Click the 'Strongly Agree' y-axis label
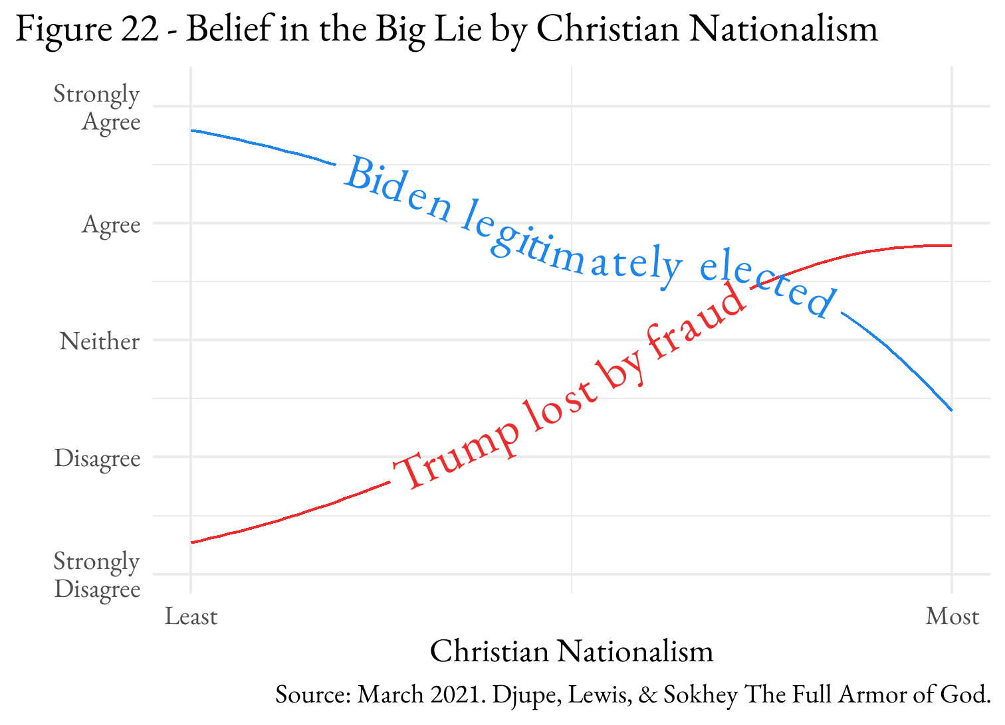pos(97,108)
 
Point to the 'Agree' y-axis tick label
pos(111,225)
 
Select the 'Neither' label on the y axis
pos(100,341)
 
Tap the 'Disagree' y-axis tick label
pos(98,458)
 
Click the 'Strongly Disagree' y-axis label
pos(97,575)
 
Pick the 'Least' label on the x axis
pos(191,617)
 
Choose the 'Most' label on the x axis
pos(952,617)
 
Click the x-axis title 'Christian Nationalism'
pos(572,651)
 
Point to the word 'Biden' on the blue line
pos(397,190)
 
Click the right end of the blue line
pos(952,410)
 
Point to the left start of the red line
pos(192,542)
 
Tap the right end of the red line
pos(952,246)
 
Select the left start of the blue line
pos(192,131)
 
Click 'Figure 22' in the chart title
pos(86,29)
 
